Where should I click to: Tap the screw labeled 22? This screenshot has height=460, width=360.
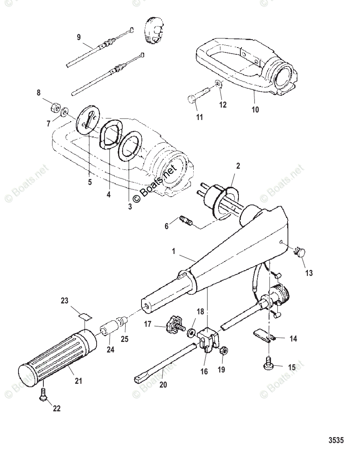(43, 394)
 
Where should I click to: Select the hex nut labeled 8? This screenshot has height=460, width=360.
(54, 108)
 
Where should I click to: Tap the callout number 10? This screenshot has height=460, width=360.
(255, 110)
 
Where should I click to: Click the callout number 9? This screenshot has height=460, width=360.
(79, 37)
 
